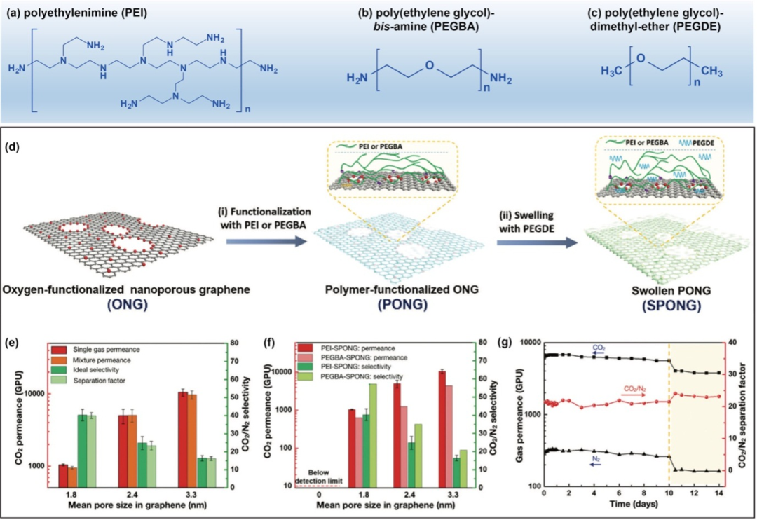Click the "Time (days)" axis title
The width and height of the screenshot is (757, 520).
coord(631,504)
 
